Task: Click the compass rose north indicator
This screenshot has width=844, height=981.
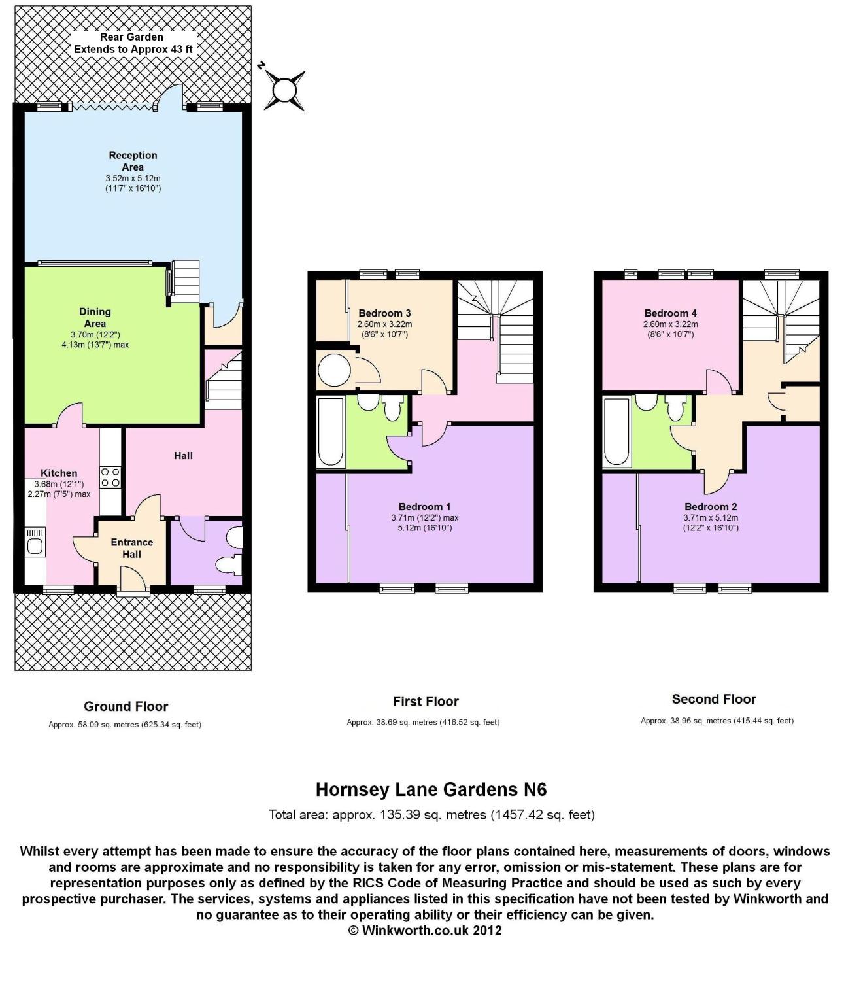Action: coord(284,90)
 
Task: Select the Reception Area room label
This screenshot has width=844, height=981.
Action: coord(133,162)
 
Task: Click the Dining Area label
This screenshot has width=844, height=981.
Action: coord(95,318)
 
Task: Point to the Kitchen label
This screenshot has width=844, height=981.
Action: coord(59,473)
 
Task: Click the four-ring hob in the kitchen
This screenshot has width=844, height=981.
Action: coord(110,477)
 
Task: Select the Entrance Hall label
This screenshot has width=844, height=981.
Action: coord(131,548)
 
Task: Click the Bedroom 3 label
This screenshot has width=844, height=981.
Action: coord(384,313)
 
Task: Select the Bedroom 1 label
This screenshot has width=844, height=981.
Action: coord(425,506)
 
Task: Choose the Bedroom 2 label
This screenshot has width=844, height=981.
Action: coord(711,506)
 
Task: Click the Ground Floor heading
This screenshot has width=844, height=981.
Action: coord(126,706)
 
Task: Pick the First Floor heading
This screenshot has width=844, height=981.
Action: coord(426,701)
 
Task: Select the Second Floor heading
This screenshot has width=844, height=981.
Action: coord(714,699)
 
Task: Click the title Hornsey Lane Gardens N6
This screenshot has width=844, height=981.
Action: coord(431,789)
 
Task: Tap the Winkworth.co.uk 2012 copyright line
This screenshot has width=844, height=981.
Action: coord(425,930)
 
